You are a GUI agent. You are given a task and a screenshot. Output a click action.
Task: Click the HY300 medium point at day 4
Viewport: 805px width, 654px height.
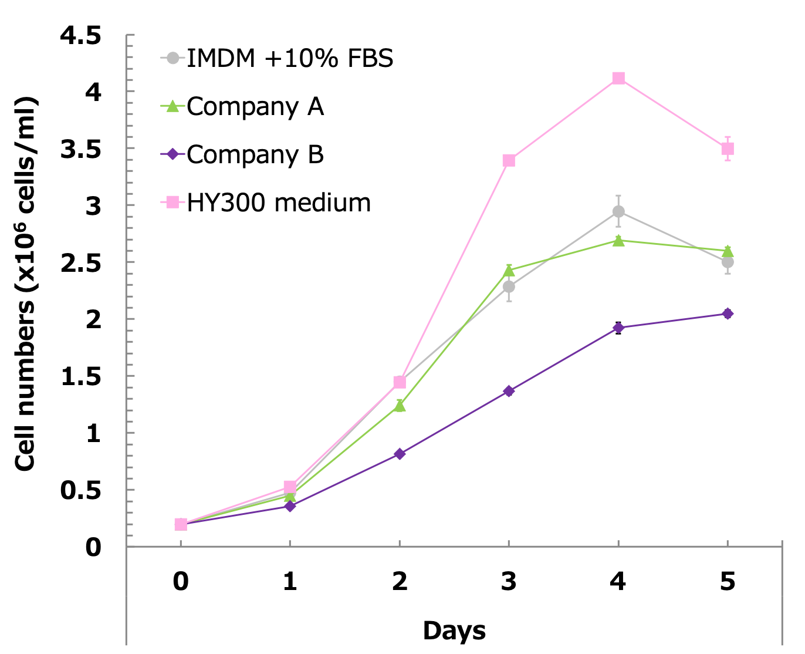618,78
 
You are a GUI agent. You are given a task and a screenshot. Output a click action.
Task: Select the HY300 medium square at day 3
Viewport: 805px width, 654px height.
509,160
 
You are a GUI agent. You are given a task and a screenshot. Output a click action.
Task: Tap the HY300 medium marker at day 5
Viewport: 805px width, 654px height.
728,149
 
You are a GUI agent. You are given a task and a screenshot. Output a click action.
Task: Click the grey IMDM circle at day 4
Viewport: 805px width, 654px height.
618,211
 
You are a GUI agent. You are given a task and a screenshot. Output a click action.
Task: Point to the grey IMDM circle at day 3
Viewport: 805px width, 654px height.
509,286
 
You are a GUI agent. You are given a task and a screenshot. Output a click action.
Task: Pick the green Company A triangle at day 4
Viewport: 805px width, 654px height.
618,240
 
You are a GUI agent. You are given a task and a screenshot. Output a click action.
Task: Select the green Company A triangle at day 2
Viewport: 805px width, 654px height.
400,406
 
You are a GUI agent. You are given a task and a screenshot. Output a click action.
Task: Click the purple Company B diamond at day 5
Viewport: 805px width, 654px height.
728,313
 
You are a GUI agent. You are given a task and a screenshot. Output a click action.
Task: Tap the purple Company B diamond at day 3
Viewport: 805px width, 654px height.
509,391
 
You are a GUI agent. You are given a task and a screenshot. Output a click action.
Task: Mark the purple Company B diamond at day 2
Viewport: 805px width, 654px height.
400,454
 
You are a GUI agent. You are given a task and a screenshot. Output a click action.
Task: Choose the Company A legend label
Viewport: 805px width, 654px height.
255,106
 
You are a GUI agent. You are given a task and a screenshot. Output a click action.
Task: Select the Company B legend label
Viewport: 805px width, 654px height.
255,154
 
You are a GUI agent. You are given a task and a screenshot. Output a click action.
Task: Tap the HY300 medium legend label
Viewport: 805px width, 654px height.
279,203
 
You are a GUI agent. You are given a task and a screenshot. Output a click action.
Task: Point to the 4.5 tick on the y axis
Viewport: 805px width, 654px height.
80,36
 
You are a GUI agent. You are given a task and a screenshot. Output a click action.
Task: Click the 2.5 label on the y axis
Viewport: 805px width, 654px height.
80,263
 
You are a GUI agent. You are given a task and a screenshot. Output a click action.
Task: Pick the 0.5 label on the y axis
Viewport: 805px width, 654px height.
80,490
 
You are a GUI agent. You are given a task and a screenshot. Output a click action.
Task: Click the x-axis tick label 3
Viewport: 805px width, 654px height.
509,581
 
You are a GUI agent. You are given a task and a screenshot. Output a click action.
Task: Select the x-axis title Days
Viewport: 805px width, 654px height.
454,631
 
